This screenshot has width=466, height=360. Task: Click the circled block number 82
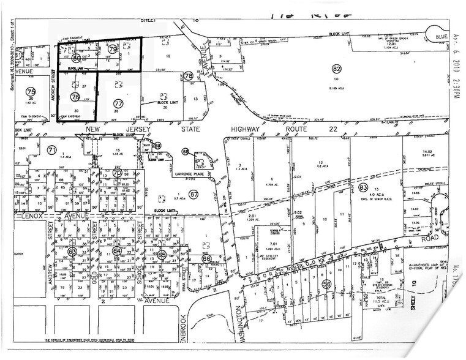336,68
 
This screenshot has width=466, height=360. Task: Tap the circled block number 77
118,103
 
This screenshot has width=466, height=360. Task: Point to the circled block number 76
76,97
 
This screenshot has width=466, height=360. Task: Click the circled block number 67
194,195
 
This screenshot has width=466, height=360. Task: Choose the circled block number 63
72,252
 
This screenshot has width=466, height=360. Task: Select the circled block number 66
205,259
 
